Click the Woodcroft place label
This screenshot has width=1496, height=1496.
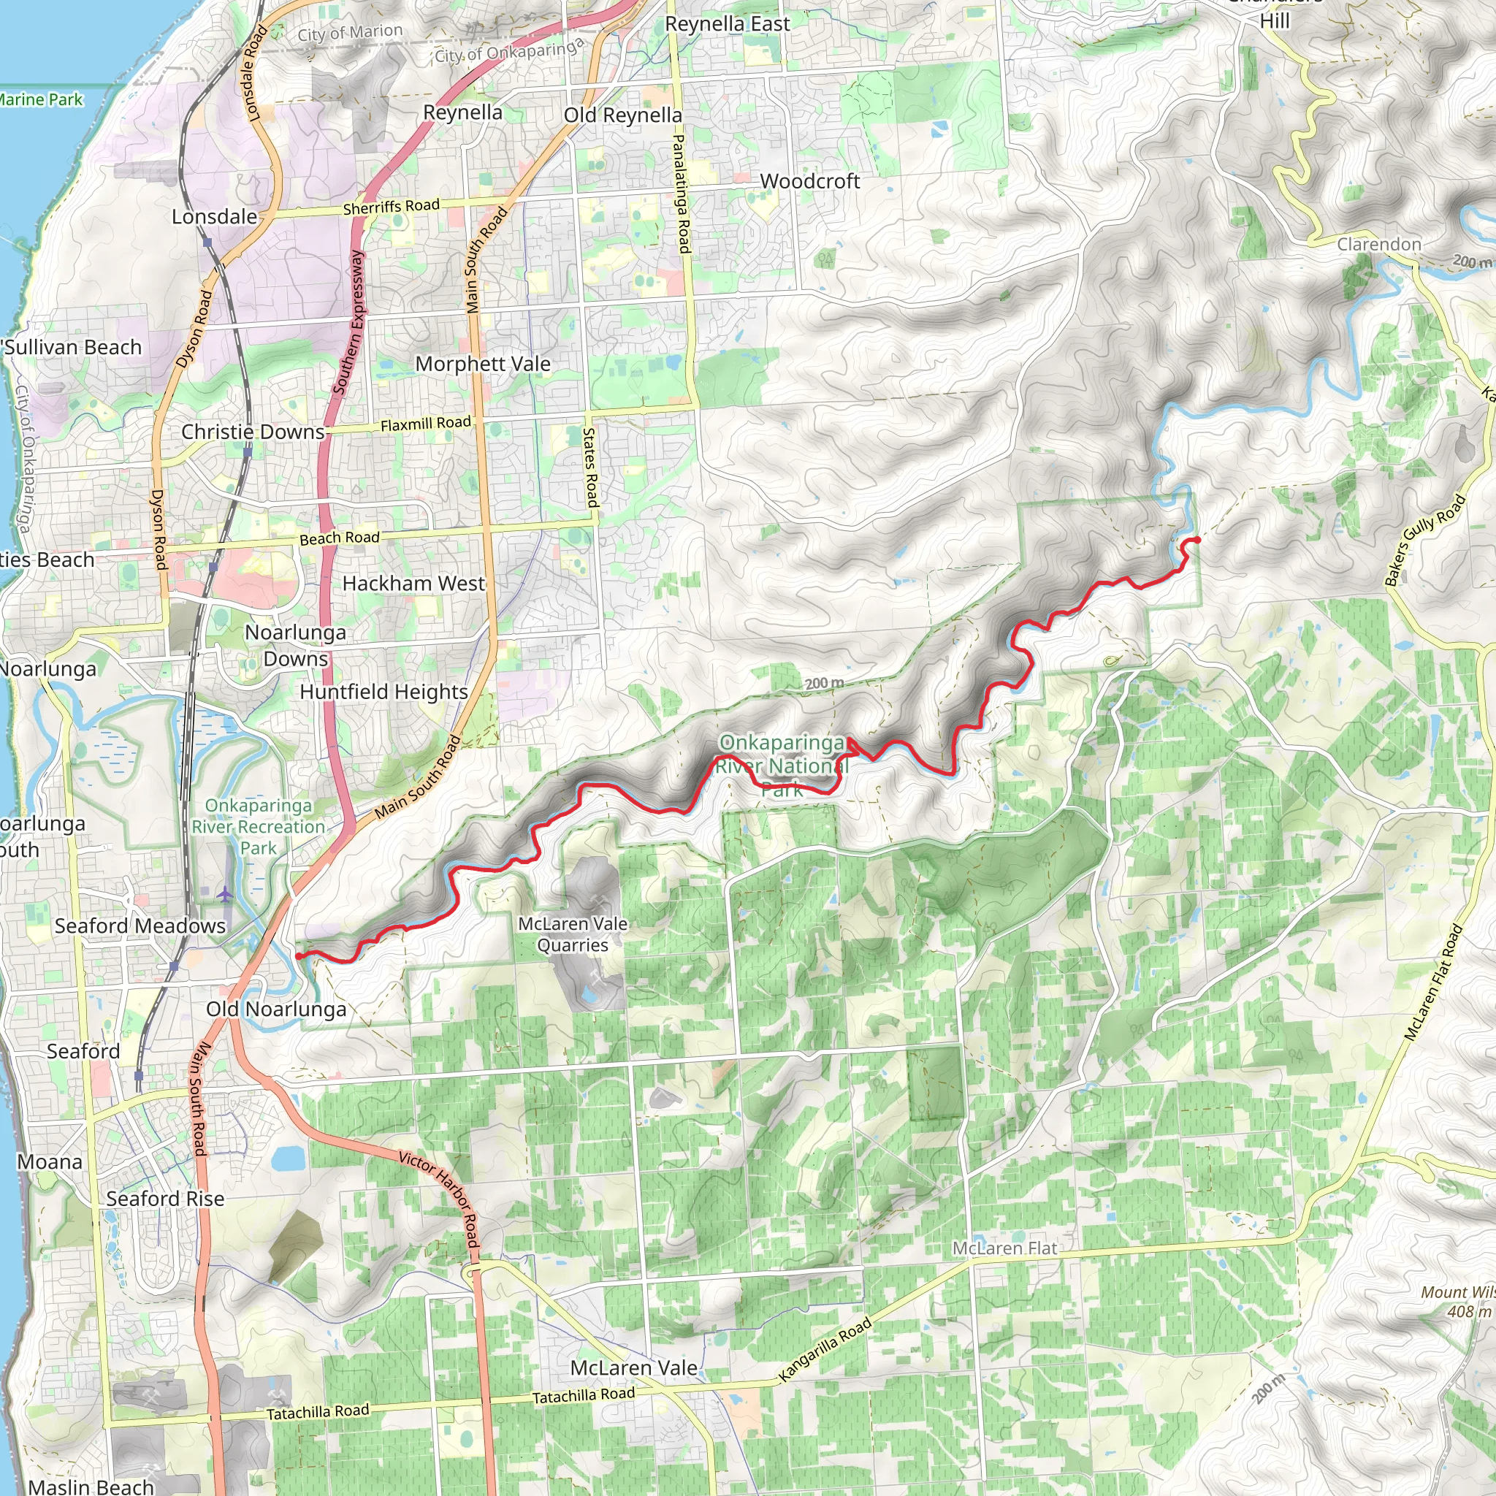[809, 181]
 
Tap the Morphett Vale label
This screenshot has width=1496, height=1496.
[482, 364]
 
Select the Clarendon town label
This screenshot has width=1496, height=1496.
[1379, 245]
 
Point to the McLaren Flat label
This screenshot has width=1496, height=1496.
[1004, 1248]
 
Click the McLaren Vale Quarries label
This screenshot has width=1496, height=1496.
[573, 934]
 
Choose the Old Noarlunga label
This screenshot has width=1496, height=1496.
[275, 1009]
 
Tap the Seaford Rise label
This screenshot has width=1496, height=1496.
[165, 1199]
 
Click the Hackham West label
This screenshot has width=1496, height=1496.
[413, 583]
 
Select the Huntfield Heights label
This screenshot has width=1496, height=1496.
[383, 692]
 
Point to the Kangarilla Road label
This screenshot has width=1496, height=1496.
[825, 1350]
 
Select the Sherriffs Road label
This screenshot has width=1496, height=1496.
[391, 207]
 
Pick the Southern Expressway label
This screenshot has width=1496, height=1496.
[348, 322]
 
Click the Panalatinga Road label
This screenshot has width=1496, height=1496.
[681, 194]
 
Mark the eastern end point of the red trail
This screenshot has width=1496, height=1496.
[1197, 540]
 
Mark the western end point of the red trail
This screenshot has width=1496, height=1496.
[299, 956]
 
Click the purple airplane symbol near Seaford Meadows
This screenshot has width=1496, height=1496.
[224, 895]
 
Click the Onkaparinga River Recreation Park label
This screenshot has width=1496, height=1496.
[259, 827]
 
